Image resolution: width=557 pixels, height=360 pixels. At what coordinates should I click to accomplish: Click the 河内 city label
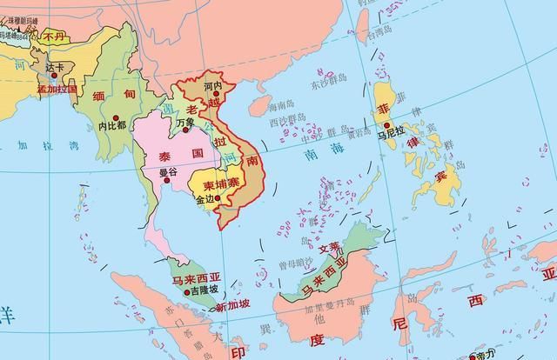click(x=212, y=87)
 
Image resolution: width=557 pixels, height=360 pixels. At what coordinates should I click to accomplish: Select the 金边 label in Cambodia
click(x=205, y=199)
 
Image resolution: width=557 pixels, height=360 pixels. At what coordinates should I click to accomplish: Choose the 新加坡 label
click(x=232, y=305)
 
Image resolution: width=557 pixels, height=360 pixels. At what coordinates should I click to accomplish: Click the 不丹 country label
click(x=54, y=37)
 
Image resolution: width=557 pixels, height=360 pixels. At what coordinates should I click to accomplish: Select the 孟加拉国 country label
click(x=57, y=89)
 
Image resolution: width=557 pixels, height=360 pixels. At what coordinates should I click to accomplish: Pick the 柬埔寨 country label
click(x=221, y=185)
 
